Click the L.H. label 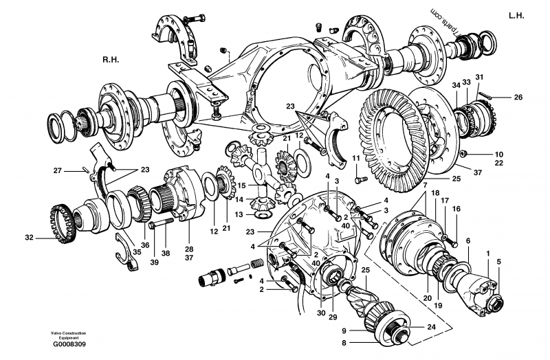pyautogui.click(x=517, y=14)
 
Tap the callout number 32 pyautogui.click(x=29, y=238)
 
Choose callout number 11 pyautogui.click(x=355, y=159)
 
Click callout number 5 pyautogui.click(x=499, y=261)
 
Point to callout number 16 pyautogui.click(x=456, y=209)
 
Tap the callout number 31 pyautogui.click(x=479, y=76)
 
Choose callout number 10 pyautogui.click(x=499, y=154)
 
